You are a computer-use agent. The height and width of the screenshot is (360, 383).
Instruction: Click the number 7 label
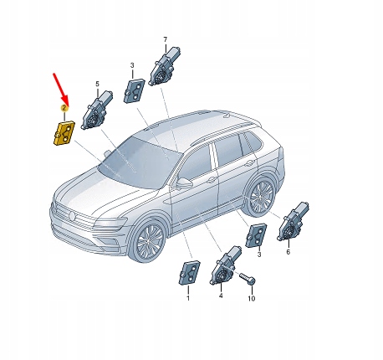[x=165, y=39]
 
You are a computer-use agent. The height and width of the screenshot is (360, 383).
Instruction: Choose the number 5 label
[x=97, y=84]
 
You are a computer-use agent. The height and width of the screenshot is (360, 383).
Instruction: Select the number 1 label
[x=187, y=298]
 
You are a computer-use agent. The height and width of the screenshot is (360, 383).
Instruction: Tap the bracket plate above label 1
[x=190, y=272]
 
